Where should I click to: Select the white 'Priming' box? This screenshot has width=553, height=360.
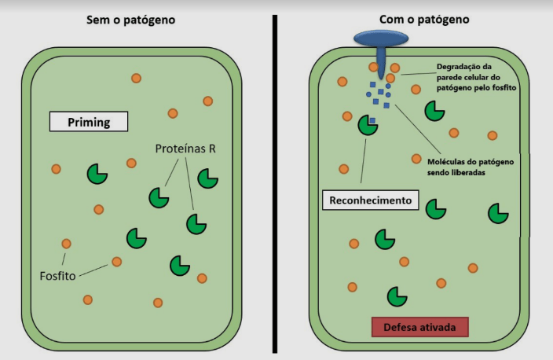coord(88,122)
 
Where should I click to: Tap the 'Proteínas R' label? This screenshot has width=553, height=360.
coord(185,149)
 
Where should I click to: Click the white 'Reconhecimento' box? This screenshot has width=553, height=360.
coord(368,200)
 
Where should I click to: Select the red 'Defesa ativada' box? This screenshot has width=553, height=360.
coord(419,326)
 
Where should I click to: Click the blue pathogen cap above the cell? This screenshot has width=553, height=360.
coord(381,38)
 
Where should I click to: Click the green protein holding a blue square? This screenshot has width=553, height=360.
coord(367,124)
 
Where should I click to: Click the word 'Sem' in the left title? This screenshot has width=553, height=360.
coord(97,18)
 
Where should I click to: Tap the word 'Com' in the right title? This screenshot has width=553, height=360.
coord(380,18)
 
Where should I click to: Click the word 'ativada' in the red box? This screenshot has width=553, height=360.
coord(441,326)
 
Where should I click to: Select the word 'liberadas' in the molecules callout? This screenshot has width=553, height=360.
coord(463,173)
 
